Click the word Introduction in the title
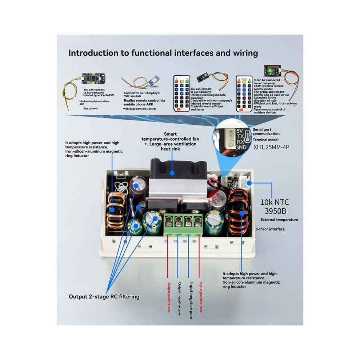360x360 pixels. [93, 53]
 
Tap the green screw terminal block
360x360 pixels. [183, 224]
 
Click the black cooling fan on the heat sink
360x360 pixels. [179, 169]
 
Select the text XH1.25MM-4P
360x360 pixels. [271, 147]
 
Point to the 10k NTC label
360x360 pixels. [275, 202]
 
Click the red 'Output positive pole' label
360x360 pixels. [169, 297]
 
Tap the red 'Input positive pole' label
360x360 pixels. [201, 297]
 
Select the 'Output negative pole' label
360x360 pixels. [180, 299]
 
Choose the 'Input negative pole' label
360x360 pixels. [191, 300]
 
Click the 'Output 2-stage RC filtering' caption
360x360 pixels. [104, 297]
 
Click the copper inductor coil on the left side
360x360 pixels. [116, 211]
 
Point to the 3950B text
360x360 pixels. [275, 211]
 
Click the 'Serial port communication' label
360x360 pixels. [266, 132]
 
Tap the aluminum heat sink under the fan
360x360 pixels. [178, 188]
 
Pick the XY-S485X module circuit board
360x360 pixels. [93, 79]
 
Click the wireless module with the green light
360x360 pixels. [272, 71]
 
